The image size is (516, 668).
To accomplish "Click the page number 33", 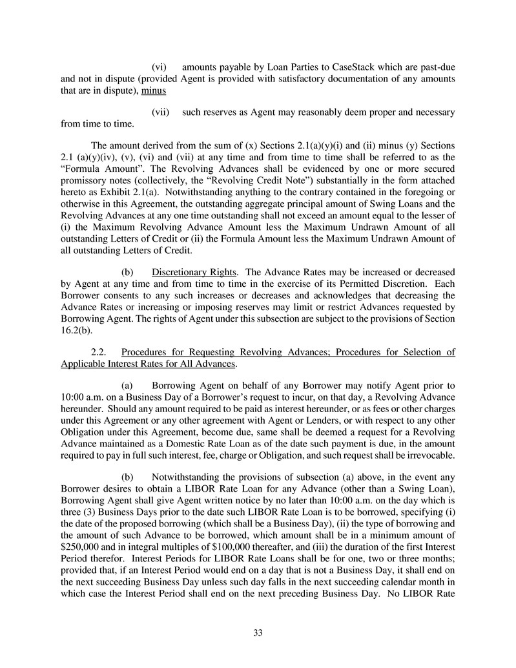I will pos(258,632).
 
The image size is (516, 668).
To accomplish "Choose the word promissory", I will pos(87,191).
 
